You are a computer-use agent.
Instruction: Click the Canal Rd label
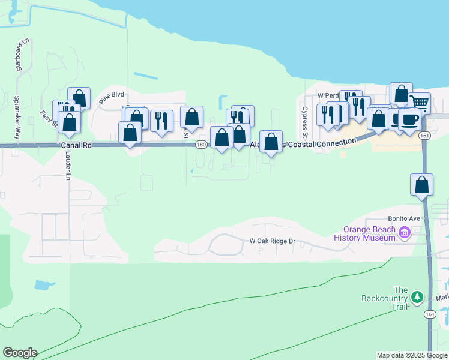[75, 145]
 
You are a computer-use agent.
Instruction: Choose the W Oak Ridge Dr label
[273, 241]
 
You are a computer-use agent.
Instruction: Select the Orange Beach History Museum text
[369, 233]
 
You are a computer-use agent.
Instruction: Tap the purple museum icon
[405, 233]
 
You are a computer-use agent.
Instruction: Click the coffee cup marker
[409, 119]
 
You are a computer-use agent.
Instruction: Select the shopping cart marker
[419, 103]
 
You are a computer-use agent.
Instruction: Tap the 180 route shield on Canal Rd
[201, 145]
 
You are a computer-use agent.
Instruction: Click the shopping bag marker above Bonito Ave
[422, 185]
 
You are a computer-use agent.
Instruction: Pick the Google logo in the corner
[20, 353]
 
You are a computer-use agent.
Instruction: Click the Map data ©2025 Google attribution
[412, 355]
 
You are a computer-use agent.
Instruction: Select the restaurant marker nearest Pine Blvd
[161, 121]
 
